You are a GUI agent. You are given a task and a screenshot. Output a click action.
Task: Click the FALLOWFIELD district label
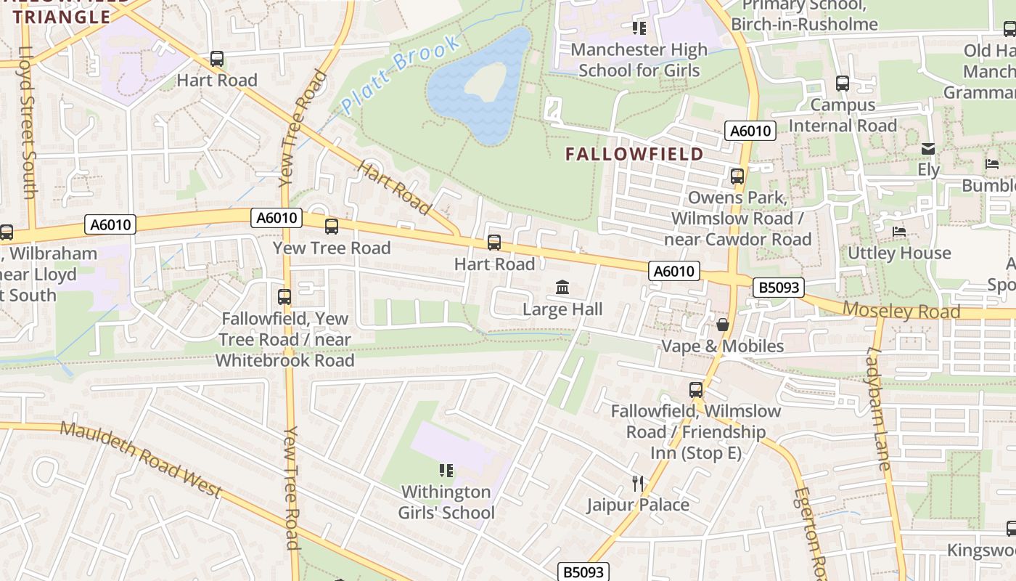point(634,154)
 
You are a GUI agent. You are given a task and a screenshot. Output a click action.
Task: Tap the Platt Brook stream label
point(401,75)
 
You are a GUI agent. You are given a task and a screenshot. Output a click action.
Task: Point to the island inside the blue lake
point(485,81)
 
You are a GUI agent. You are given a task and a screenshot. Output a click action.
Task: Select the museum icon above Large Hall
point(562,288)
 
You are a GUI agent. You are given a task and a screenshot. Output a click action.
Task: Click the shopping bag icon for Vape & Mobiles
point(722,324)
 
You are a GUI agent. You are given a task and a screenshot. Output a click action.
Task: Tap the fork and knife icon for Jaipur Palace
point(638,483)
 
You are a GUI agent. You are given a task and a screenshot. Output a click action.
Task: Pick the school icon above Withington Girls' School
point(446,471)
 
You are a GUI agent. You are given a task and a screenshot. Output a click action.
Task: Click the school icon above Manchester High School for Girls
point(639,28)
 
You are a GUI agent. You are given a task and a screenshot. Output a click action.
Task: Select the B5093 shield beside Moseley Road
point(779,288)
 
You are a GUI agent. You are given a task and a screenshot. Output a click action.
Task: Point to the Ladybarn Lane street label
point(878,408)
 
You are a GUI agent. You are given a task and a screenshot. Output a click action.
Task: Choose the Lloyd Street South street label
point(28,123)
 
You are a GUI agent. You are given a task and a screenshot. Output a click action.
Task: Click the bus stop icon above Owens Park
point(737,176)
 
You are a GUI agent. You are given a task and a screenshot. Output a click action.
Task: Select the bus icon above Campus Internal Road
point(843,84)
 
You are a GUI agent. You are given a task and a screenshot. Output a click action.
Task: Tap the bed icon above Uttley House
point(899,232)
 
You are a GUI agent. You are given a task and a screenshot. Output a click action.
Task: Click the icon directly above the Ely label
point(927,149)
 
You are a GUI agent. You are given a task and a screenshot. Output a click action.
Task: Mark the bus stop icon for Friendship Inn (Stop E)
point(696,390)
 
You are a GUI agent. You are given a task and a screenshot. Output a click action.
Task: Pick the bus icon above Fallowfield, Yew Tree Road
point(284,297)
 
